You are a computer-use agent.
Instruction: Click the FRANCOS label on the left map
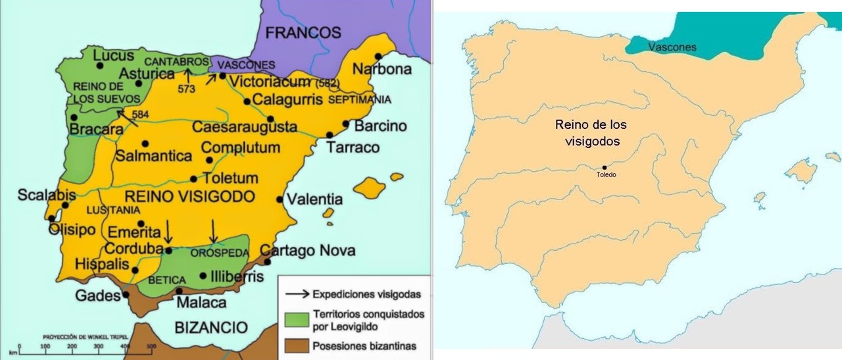(303, 33)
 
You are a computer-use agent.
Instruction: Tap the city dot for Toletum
(193, 178)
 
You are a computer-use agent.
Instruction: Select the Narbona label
(382, 69)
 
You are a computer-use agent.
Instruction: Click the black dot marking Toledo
(604, 167)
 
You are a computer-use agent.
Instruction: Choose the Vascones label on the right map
(672, 47)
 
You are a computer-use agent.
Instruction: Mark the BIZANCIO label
(211, 328)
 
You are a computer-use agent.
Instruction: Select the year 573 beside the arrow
(186, 89)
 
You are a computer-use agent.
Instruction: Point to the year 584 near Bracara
(139, 115)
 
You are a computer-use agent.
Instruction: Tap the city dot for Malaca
(180, 290)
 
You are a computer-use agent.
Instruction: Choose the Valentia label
(314, 199)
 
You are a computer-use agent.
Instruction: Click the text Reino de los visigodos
(587, 132)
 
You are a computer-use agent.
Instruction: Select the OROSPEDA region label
(212, 252)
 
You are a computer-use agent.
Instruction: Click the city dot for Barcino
(345, 123)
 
